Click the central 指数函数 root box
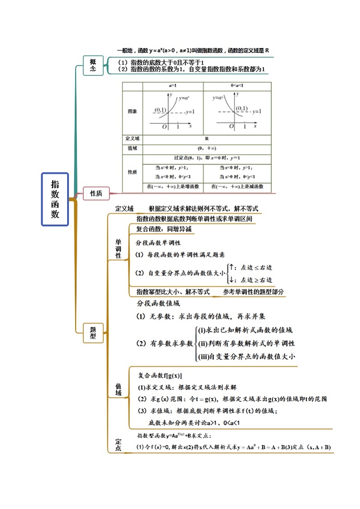(x=55, y=199)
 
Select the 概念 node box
(x=93, y=65)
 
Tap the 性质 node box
(x=96, y=194)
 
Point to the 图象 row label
(x=132, y=111)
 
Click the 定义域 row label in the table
(x=132, y=139)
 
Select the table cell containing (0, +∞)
(x=207, y=148)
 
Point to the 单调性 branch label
(x=118, y=248)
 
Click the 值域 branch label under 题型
(x=118, y=389)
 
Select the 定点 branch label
(x=118, y=444)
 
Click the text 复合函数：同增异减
(x=164, y=229)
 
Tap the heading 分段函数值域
(x=158, y=303)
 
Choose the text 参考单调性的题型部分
(x=253, y=292)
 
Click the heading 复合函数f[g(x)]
(x=160, y=376)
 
